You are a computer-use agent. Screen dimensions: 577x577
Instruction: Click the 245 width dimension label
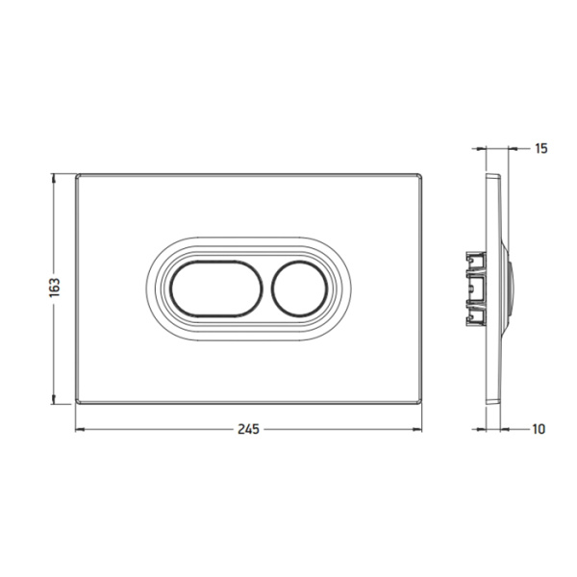point(248,429)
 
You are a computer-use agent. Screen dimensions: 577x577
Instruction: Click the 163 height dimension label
point(54,288)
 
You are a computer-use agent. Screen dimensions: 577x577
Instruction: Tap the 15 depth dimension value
point(540,148)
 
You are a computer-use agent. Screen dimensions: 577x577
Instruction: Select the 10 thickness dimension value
point(539,429)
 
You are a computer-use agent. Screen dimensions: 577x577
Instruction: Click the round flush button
point(299,288)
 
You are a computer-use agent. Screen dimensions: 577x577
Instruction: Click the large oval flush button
point(216,288)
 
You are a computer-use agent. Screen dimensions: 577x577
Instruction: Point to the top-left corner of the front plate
point(76,174)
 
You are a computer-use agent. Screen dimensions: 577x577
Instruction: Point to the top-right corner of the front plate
point(421,174)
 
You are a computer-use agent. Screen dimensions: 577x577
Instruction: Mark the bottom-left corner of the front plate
point(76,404)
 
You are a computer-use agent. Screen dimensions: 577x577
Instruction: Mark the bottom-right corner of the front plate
point(421,404)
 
